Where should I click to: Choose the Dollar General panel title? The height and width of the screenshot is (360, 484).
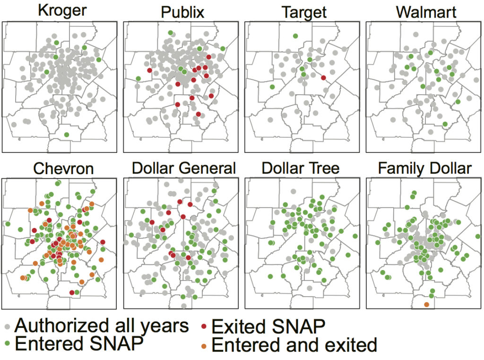pyautogui.click(x=183, y=168)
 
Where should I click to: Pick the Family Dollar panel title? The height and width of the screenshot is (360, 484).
pyautogui.click(x=425, y=168)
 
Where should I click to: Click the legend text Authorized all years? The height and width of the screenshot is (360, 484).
pyautogui.click(x=102, y=325)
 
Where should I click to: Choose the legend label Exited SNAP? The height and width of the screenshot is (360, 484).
pyautogui.click(x=268, y=326)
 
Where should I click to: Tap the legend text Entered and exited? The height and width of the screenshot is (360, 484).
pyautogui.click(x=294, y=345)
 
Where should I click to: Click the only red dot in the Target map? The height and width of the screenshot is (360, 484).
pyautogui.click(x=324, y=78)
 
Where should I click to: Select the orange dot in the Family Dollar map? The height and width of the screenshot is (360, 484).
pyautogui.click(x=427, y=304)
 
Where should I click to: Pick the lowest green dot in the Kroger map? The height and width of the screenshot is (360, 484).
pyautogui.click(x=66, y=135)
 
